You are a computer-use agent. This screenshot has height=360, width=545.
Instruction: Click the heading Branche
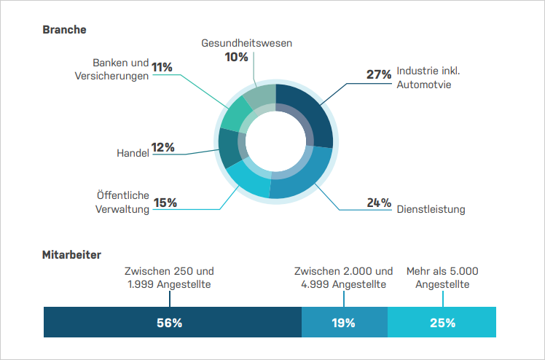tap(65, 30)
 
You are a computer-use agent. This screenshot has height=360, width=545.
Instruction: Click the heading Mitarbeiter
tap(71, 254)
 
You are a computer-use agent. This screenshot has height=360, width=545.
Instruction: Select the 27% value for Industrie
tap(378, 74)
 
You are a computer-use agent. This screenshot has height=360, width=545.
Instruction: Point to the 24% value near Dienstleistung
tap(379, 203)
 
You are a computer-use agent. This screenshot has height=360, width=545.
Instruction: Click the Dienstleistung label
tap(431, 210)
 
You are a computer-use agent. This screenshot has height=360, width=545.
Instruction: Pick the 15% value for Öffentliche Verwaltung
tap(165, 203)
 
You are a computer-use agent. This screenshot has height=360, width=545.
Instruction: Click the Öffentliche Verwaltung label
tap(122, 203)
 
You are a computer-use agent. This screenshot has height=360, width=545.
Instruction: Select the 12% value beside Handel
tap(163, 147)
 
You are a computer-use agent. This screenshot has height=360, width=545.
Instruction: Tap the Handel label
tap(133, 153)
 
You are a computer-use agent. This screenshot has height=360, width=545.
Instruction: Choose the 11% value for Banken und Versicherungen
tap(162, 68)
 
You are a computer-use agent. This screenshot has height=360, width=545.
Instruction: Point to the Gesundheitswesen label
tap(246, 43)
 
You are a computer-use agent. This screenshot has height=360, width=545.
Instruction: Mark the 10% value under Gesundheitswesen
tap(237, 57)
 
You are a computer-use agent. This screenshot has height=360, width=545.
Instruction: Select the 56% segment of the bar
tap(172, 322)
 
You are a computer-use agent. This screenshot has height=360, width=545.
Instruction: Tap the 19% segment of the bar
tap(344, 322)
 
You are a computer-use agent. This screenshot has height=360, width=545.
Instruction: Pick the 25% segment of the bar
tap(442, 322)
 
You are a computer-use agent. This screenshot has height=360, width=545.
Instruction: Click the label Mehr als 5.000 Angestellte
tap(442, 278)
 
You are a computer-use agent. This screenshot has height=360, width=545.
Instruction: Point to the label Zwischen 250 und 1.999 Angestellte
tap(169, 278)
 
